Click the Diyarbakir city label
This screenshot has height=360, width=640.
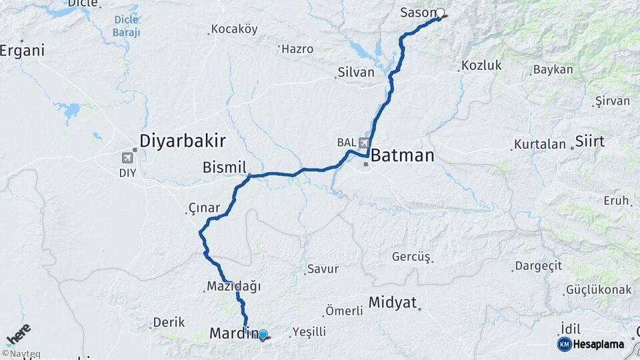tap(182, 141)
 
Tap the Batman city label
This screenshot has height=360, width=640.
tap(401, 156)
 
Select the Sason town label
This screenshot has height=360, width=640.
tap(418, 13)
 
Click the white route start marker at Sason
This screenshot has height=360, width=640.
tap(440, 13)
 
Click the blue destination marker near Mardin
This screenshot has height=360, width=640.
tap(263, 335)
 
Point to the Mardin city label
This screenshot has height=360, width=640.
tap(233, 333)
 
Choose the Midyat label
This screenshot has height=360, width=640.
tap(392, 302)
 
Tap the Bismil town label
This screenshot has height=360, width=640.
tap(224, 167)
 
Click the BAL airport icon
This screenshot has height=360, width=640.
tap(364, 143)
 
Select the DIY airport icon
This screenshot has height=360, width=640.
tap(127, 158)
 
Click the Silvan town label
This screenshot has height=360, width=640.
tap(356, 73)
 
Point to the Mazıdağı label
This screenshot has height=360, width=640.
tap(233, 287)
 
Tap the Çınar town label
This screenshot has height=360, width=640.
tap(203, 208)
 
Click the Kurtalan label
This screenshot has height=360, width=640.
tap(539, 144)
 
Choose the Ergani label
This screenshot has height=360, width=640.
tap(22, 51)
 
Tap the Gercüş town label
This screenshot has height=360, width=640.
tap(412, 257)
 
